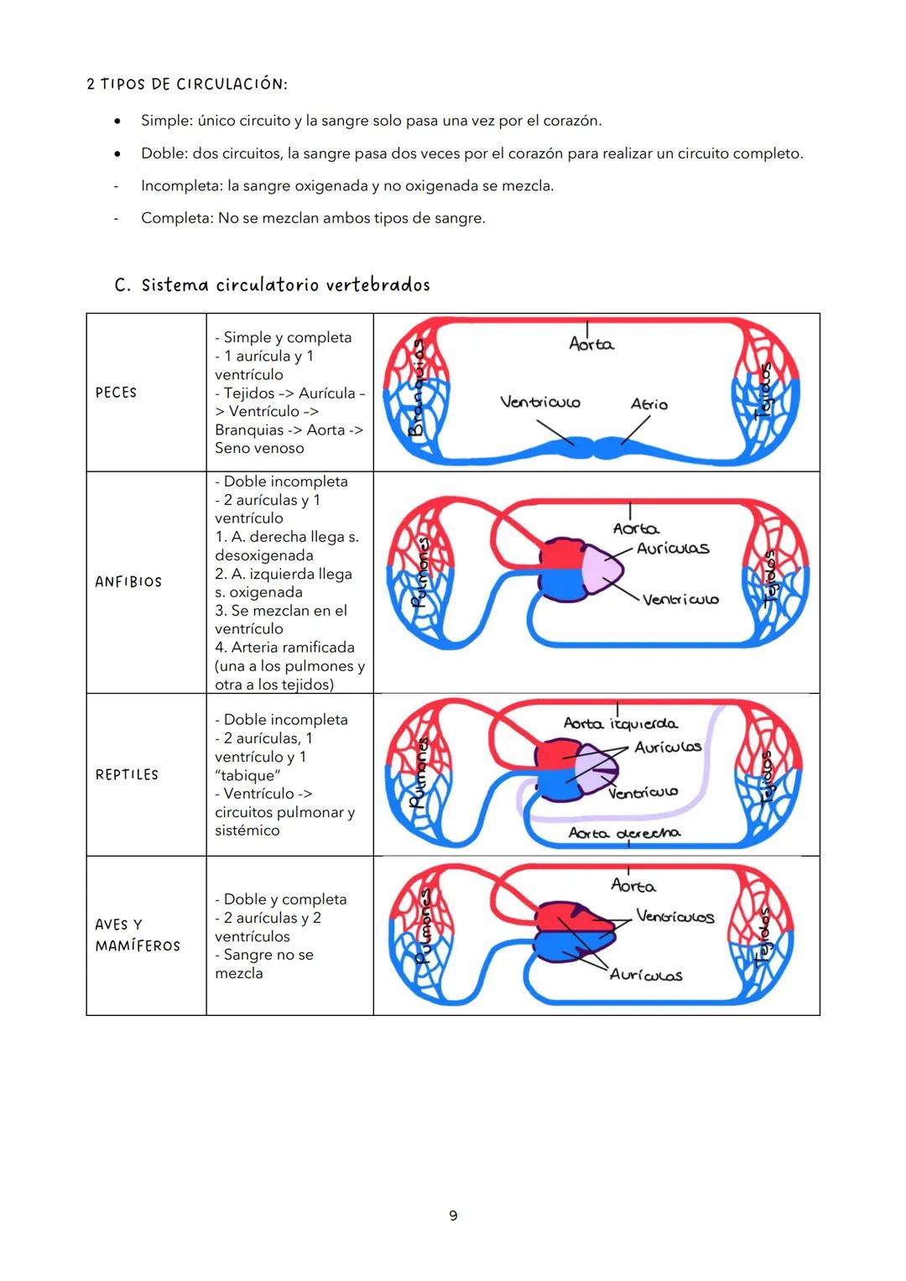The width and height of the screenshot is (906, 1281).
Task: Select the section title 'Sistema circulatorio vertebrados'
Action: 285,285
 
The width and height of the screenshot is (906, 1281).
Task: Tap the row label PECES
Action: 116,393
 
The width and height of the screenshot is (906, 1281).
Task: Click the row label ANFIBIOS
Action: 128,581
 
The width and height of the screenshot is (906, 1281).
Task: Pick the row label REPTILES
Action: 127,774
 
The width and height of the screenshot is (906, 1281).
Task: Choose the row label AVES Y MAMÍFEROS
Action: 137,935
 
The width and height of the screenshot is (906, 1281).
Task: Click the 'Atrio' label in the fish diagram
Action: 649,404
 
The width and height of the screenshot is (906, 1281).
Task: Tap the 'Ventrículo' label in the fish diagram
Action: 540,402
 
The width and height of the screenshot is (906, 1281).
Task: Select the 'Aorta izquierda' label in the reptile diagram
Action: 621,723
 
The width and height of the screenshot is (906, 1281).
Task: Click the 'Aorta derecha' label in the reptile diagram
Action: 624,833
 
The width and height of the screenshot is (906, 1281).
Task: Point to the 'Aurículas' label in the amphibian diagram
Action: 673,549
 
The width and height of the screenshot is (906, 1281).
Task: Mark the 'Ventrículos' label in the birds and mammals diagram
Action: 675,916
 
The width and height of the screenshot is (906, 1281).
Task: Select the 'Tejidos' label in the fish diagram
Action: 763,391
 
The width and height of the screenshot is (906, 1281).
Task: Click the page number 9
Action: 453,1216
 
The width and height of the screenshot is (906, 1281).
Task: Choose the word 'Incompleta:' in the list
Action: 181,185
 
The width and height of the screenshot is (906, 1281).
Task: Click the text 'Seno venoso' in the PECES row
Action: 259,448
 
